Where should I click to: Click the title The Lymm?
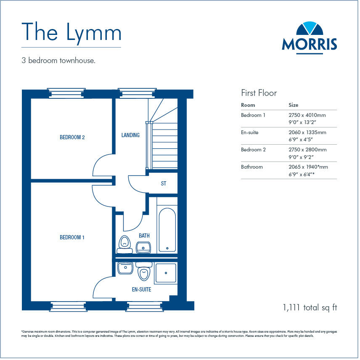pos(71,32)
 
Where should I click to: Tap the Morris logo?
pos(309,37)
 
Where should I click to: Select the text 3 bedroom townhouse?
pos(58,61)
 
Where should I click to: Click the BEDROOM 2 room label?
pos(72,137)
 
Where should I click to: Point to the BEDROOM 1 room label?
pos(72,237)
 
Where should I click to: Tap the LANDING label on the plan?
pos(130,135)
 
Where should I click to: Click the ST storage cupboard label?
pos(164,184)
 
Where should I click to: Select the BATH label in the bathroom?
pos(144,236)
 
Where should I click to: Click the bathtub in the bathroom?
pos(167,229)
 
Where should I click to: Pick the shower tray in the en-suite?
pos(166,273)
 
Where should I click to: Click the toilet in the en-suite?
pos(144,271)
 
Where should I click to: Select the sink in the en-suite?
pos(125,268)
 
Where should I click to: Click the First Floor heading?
pos(259,93)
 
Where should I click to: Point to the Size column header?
pos(293,105)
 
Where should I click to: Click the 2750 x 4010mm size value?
pos(307,115)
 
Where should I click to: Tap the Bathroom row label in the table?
pos(251,167)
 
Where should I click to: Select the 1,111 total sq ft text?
pos(310,307)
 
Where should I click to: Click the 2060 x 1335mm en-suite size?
pos(307,132)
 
